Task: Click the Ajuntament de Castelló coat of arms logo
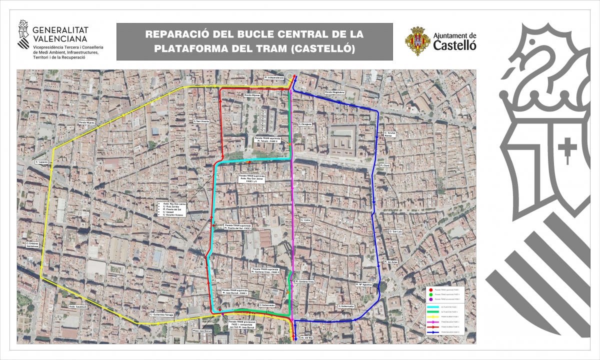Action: (417, 41)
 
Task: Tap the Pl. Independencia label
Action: (274, 77)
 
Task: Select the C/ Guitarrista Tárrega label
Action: (161, 314)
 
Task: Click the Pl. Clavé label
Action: (384, 165)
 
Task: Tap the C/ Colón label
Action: (305, 219)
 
